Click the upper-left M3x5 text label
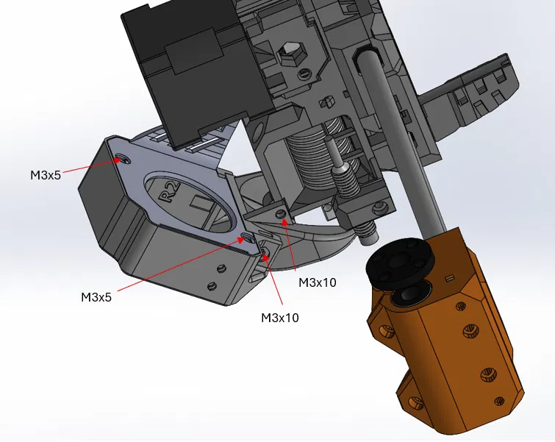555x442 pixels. click(46, 175)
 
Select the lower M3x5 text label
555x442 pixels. click(96, 297)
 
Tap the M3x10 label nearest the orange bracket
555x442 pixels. click(317, 282)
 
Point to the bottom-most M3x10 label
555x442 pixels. click(280, 318)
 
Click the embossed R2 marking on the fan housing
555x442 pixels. click(169, 192)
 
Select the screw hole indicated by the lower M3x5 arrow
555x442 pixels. click(245, 238)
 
